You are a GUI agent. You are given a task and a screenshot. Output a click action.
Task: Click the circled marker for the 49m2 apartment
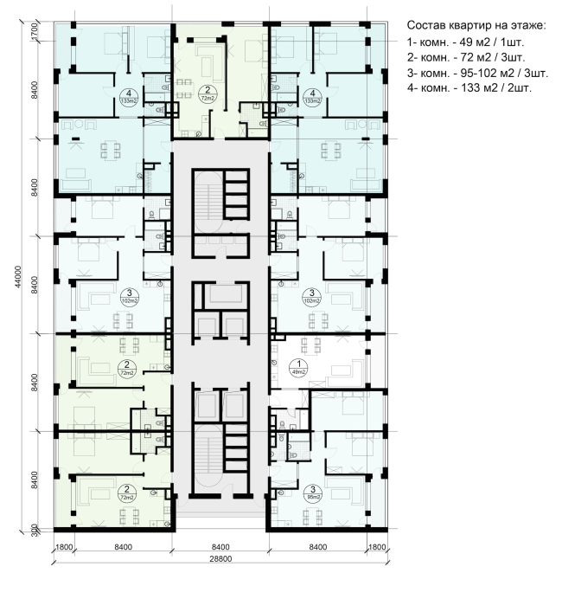point(298,368)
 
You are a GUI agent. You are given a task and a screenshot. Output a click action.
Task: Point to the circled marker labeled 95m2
point(311,494)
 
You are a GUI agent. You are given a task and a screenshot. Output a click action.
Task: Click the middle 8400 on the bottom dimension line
point(220,547)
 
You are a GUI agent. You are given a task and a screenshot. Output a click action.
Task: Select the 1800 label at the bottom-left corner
point(64,547)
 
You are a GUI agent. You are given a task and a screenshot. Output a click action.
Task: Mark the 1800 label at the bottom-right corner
point(376,547)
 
